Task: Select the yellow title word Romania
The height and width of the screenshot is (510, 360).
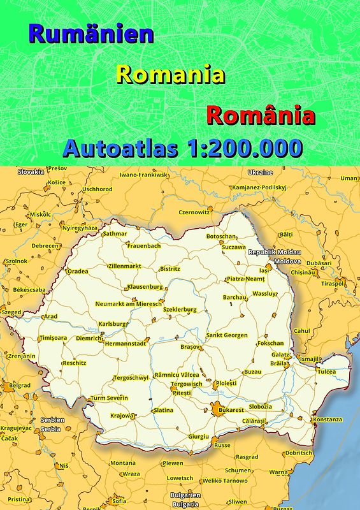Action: pos(171,75)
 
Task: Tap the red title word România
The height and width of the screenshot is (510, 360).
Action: pos(261,116)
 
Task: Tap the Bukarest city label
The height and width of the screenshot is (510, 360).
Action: pos(231,410)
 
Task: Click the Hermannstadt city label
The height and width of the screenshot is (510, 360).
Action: pos(125,343)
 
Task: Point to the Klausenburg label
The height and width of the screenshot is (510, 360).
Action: pos(145,287)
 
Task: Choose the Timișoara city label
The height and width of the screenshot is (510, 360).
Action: pos(53,337)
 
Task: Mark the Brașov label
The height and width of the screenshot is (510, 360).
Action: pos(191,346)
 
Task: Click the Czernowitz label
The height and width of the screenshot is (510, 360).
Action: pos(194,212)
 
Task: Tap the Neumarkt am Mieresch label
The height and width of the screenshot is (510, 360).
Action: pos(129,304)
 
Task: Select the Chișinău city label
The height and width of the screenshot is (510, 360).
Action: pos(303,272)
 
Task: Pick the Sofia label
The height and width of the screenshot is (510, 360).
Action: pos(119,500)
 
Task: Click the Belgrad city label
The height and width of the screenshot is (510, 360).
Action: pos(20,385)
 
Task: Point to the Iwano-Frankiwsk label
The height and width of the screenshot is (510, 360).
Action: pos(143,174)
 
